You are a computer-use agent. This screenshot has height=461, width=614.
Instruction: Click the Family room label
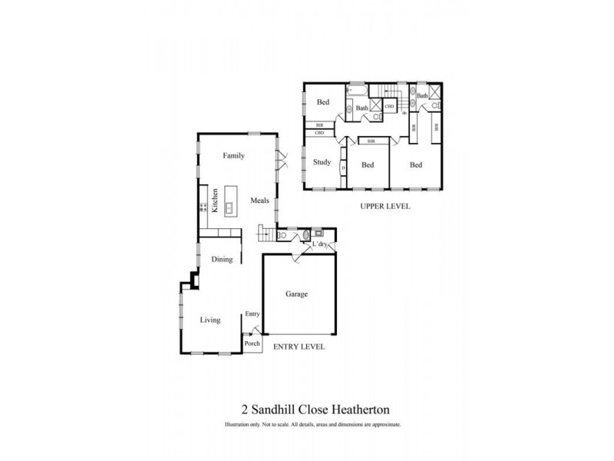click(233, 156)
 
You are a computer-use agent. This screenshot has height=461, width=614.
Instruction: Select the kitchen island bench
click(229, 201)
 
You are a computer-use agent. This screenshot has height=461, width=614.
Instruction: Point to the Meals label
click(259, 201)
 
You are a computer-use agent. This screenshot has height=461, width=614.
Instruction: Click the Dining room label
click(222, 260)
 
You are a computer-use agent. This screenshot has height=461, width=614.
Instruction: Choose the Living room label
click(210, 320)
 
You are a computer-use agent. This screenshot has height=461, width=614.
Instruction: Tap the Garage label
click(297, 294)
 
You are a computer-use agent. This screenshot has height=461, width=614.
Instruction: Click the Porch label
click(253, 343)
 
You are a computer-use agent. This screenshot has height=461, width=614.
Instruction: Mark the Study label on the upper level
click(322, 162)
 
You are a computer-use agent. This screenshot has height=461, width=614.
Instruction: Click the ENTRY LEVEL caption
click(299, 347)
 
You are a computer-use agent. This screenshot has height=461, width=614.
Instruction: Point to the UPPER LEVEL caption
click(385, 206)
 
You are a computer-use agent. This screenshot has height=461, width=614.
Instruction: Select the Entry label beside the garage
click(253, 313)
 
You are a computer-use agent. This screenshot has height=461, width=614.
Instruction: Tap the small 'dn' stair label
click(404, 113)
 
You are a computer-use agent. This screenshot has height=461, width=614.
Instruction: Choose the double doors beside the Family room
click(282, 161)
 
